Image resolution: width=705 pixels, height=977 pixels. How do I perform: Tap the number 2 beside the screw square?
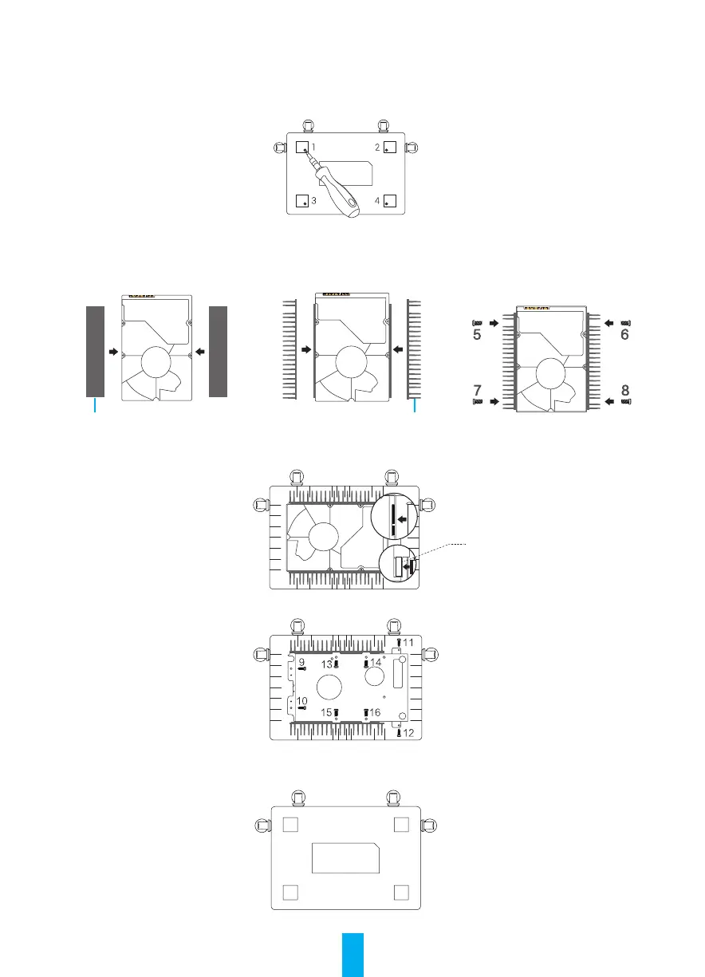377,148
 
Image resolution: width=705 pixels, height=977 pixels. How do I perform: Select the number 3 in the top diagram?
313,201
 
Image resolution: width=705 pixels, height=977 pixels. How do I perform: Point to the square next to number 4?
389,201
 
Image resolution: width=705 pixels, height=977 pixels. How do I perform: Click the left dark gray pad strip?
95,352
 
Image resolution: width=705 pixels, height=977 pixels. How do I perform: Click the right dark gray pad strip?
219,352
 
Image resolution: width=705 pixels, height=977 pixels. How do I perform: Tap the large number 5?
477,334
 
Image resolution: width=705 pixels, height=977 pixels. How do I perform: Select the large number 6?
624,334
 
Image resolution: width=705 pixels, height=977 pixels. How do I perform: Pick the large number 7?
477,390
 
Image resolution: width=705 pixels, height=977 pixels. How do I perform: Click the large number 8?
625,390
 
